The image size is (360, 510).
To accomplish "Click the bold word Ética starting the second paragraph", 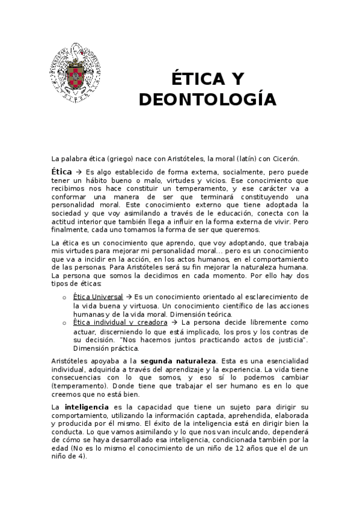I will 63,171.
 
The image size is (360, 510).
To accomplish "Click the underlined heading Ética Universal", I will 97,297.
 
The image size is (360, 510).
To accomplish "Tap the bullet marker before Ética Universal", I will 64,298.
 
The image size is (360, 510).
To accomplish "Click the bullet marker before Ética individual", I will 64,323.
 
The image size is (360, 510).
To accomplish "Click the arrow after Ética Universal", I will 129,297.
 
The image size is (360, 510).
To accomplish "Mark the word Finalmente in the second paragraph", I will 71,230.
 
